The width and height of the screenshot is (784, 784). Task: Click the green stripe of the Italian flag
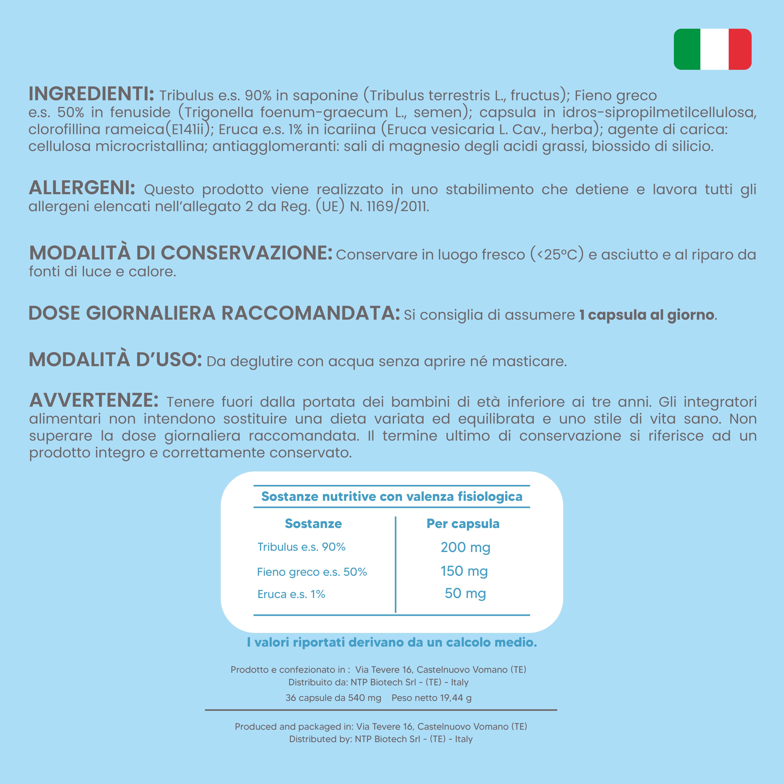point(687,49)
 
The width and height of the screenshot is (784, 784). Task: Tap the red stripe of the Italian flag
point(740,49)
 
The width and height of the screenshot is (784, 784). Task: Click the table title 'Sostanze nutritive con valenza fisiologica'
point(392,496)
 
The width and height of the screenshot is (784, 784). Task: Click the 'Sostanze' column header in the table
point(313,524)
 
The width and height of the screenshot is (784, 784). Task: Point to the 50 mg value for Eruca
point(465,593)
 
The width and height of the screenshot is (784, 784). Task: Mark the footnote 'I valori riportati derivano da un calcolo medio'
point(392,642)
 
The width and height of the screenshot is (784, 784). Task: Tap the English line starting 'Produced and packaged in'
point(381,726)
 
